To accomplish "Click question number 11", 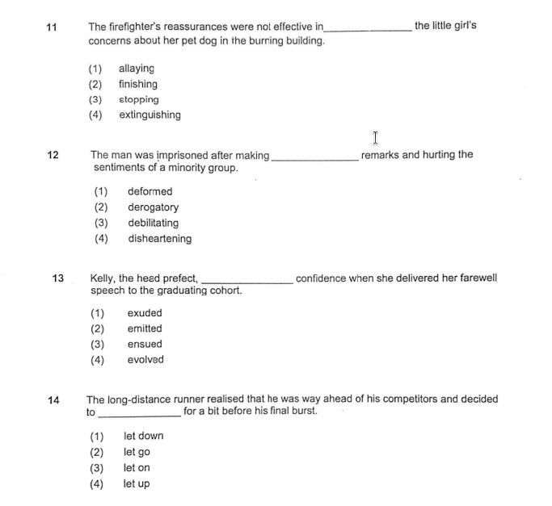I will pos(52,27).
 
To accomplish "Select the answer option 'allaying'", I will pos(136,69).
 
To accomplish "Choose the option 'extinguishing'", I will pos(150,115).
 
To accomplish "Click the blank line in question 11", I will pos(368,29).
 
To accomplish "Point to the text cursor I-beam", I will pos(376,139).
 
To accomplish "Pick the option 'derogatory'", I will pos(153,207).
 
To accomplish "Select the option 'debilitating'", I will pos(153,224).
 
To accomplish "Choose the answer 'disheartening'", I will pos(159,239).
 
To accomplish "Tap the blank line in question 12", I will pos(315,158).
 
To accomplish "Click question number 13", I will pos(58,278).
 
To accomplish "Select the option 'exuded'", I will pos(145,313).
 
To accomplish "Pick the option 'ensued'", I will pos(145,345).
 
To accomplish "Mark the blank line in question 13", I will pos(247,282).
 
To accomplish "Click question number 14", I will pos(53,399).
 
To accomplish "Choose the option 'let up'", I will pos(137,484).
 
